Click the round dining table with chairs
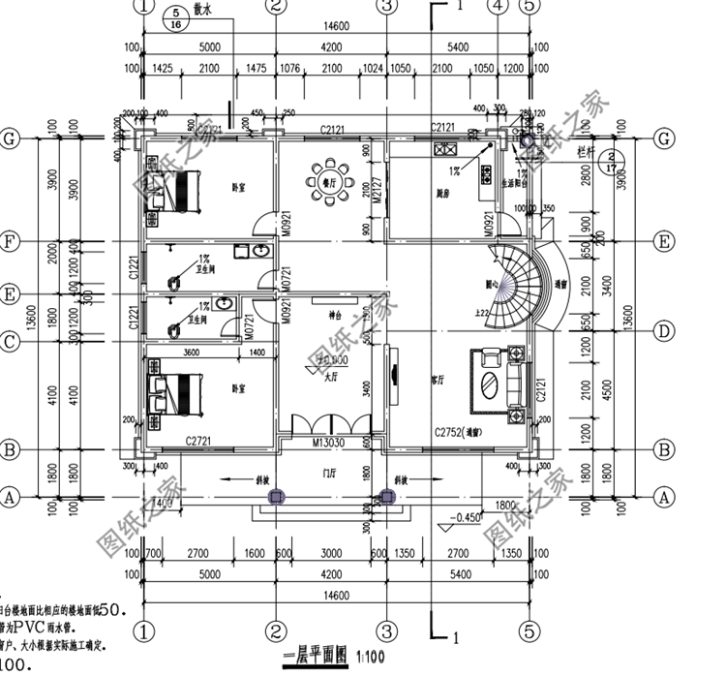pos(321,180)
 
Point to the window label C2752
pos(456,432)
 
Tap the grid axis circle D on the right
pos(663,330)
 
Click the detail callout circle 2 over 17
pos(609,161)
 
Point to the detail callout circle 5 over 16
pos(176,19)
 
